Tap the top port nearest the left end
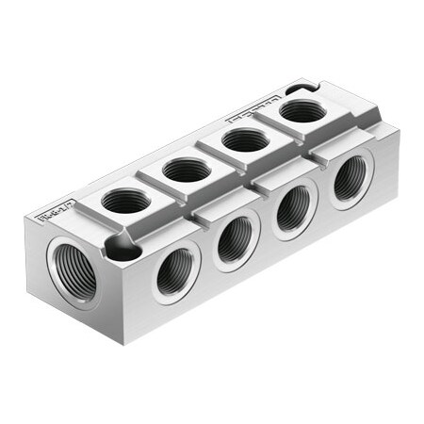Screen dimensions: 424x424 coord(125,201)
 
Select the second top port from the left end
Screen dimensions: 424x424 coord(186,171)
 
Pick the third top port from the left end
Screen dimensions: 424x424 coord(245,140)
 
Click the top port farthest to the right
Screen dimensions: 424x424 coord(302,111)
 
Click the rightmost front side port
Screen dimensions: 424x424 coord(350,176)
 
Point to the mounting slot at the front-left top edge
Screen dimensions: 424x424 coord(123,249)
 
